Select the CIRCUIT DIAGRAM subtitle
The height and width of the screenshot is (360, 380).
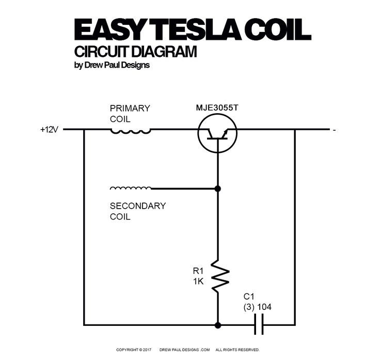pyautogui.click(x=135, y=52)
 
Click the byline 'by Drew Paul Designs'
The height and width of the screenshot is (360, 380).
pyautogui.click(x=112, y=66)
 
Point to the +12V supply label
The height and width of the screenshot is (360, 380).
pyautogui.click(x=50, y=130)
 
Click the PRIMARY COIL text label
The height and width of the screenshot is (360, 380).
pyautogui.click(x=130, y=113)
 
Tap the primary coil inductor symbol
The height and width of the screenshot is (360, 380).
pyautogui.click(x=131, y=131)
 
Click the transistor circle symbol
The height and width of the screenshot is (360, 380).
pyautogui.click(x=217, y=133)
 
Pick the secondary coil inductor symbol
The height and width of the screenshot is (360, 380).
pyautogui.click(x=131, y=188)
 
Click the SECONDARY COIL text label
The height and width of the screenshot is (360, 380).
pyautogui.click(x=137, y=211)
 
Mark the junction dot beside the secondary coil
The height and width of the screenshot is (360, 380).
pyautogui.click(x=217, y=189)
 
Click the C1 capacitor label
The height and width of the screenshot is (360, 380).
pyautogui.click(x=249, y=296)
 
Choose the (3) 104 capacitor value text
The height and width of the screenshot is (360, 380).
pyautogui.click(x=257, y=307)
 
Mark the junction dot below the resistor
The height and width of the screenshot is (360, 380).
pyautogui.click(x=217, y=325)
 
